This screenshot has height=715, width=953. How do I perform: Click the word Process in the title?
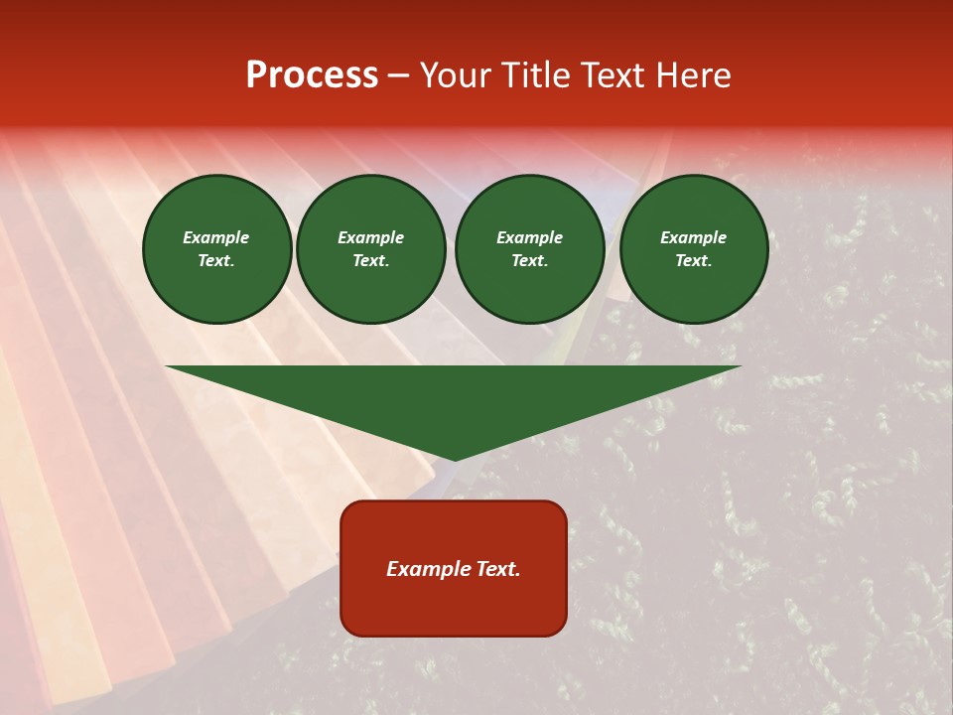(x=312, y=75)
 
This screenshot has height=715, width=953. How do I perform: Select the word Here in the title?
(x=690, y=75)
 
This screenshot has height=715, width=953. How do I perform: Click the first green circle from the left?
(x=217, y=249)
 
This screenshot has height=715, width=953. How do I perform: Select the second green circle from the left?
(x=371, y=249)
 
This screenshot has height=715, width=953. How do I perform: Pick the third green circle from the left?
(x=530, y=249)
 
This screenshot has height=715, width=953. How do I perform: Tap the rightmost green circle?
(x=694, y=249)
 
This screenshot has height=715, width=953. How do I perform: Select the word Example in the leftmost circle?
(x=216, y=237)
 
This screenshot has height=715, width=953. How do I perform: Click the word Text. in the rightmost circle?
(x=694, y=261)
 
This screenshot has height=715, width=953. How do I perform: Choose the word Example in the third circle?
(x=530, y=237)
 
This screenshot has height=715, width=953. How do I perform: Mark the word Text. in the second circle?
(x=371, y=261)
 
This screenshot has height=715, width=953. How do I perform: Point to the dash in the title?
(x=398, y=76)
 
